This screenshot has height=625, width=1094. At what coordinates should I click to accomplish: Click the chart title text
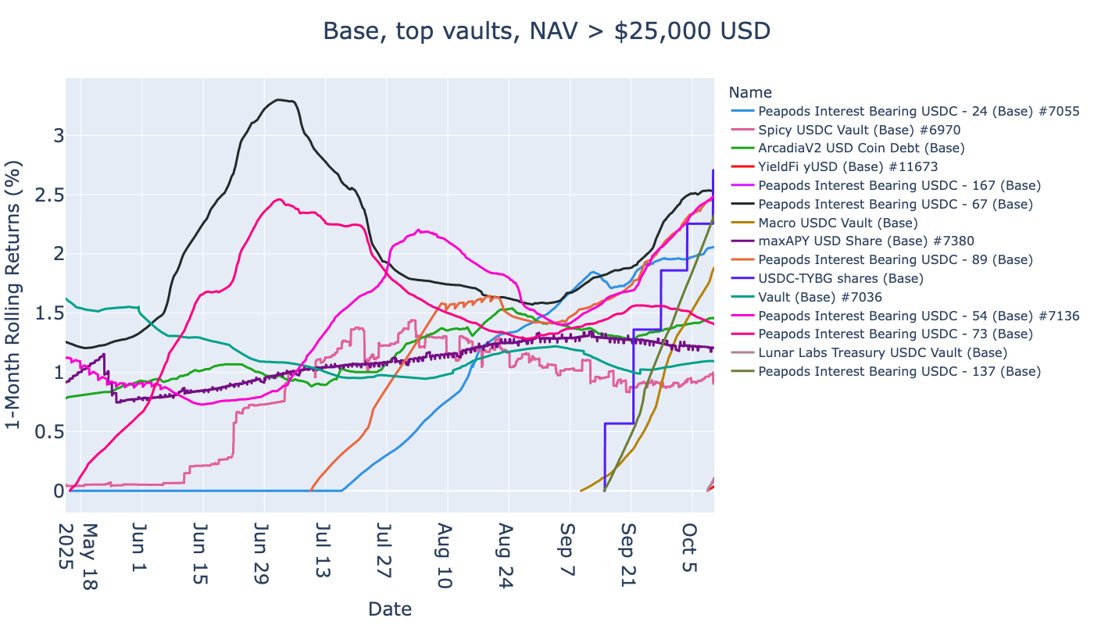(546, 30)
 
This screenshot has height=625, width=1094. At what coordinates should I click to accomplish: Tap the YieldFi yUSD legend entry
(848, 166)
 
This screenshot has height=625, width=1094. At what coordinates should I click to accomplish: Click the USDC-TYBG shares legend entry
(841, 278)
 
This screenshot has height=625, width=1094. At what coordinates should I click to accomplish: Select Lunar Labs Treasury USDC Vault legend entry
(882, 352)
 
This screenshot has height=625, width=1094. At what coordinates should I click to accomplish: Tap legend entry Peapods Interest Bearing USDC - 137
(899, 371)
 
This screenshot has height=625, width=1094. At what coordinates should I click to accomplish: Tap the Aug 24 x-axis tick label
(507, 555)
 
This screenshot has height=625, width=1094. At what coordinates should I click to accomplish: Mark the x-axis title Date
(389, 609)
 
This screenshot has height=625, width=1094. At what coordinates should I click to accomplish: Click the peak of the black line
(279, 99)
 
